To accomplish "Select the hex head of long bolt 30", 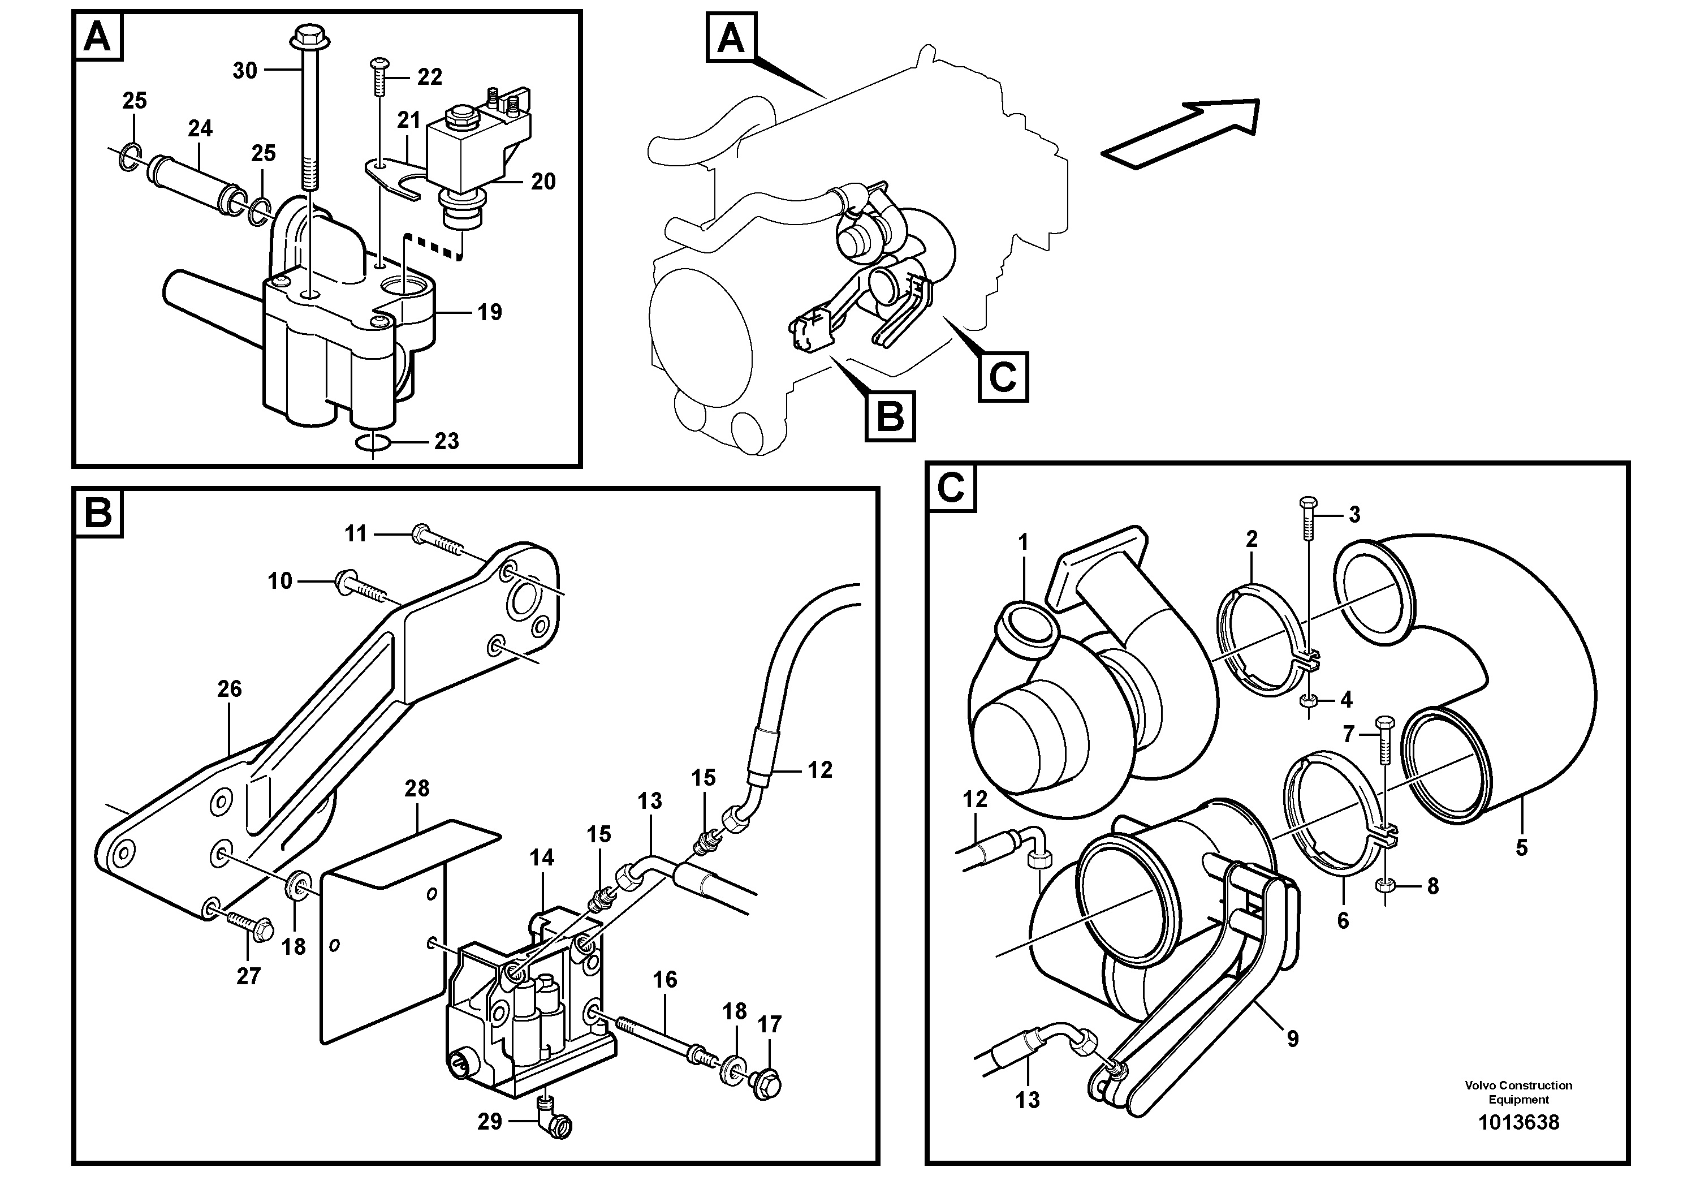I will (304, 35).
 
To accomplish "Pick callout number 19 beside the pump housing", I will (490, 312).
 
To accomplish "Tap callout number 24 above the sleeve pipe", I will (200, 128).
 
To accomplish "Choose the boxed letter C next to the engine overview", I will (1003, 377).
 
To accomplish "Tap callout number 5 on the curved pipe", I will (1521, 848).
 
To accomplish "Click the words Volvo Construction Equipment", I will (1518, 1092).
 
